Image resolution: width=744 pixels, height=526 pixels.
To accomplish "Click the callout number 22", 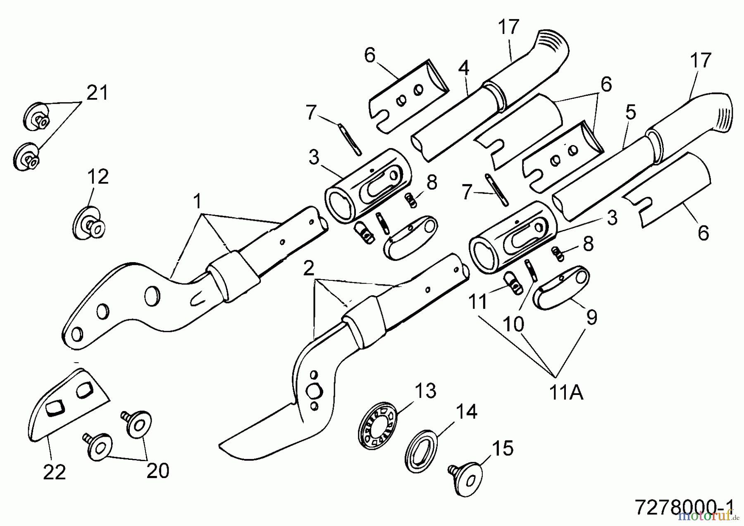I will [55, 472].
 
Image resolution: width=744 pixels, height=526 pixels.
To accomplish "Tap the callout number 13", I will [426, 390].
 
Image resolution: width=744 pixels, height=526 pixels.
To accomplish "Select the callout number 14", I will [467, 412].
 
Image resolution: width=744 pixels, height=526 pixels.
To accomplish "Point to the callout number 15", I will [503, 448].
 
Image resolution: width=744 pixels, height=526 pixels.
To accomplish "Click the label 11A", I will [566, 393].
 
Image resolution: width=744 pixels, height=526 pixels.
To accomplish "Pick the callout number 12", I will [98, 177].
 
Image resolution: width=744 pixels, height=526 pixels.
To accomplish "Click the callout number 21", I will [97, 93].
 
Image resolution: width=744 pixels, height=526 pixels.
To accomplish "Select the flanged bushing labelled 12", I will [89, 224].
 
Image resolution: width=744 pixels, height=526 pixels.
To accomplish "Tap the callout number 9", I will [592, 317].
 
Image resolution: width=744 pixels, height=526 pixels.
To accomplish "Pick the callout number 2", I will [309, 269].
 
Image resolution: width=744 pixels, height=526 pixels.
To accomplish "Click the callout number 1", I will [198, 202].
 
